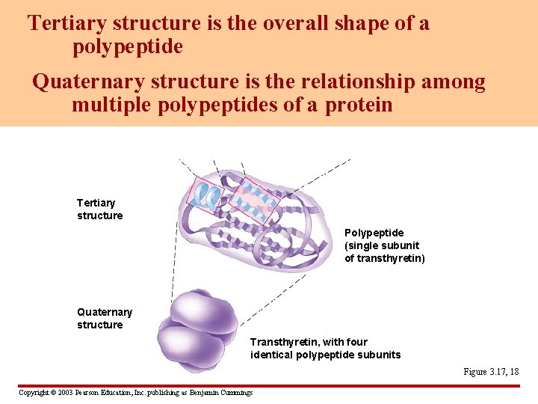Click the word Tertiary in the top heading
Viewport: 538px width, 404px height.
coord(64,23)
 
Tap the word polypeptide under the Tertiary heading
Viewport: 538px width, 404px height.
coord(127,47)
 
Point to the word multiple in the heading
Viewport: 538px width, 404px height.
coord(112,104)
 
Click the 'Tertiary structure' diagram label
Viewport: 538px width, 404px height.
coord(99,209)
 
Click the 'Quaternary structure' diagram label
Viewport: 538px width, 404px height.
coord(105,318)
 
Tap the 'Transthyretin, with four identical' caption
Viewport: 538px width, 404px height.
coord(325,349)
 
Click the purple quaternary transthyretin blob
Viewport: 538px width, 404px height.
coord(198,330)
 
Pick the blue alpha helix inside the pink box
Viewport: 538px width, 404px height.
coord(204,195)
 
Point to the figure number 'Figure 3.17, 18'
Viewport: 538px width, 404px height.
coord(491,372)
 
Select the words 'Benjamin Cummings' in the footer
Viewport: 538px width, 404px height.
coord(220,393)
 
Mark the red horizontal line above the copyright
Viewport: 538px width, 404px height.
coord(269,386)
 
